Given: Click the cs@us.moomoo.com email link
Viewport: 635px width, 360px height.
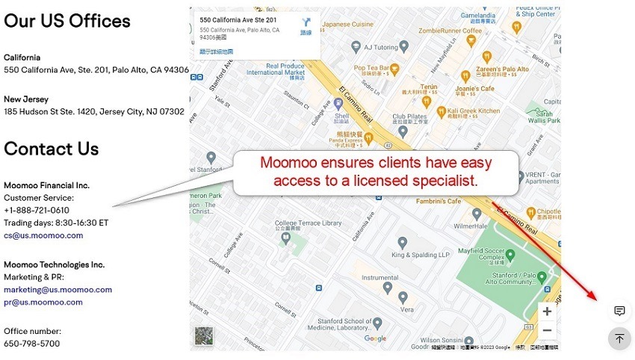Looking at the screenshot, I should point(43,235).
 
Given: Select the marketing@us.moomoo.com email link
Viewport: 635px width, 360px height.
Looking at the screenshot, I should point(58,290).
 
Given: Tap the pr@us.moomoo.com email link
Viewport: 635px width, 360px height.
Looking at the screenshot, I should point(43,302).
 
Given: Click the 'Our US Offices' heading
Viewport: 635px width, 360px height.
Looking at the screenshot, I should point(67,21).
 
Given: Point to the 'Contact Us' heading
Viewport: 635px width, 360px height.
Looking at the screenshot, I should point(52,149).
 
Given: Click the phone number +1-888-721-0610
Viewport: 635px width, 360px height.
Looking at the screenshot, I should point(37,210).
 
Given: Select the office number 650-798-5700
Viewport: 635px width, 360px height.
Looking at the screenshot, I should point(32,344).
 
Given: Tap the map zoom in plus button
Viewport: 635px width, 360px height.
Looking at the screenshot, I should point(548,311).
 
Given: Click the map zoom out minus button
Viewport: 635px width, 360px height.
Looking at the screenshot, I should point(548,330).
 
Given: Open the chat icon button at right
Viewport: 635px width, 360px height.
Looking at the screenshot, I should point(619,311).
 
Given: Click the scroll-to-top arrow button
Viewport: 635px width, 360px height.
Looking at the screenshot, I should point(619,338).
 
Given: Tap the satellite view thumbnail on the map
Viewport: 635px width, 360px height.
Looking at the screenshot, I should point(203,335).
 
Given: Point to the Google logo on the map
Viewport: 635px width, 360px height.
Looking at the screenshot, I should point(375,339).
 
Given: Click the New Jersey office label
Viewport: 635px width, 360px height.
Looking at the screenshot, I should point(26,99).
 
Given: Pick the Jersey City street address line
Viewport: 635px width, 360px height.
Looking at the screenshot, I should point(94,111).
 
